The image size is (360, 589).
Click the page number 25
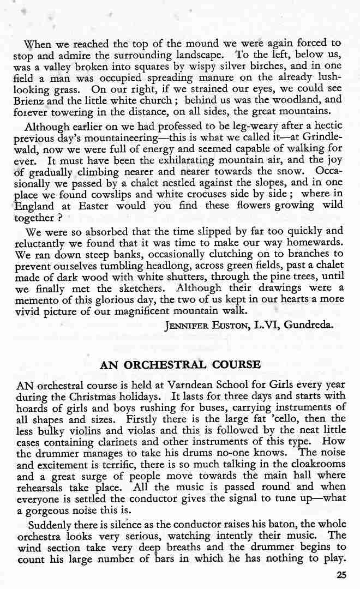(x=341, y=574)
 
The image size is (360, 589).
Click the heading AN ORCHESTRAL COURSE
(x=181, y=364)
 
